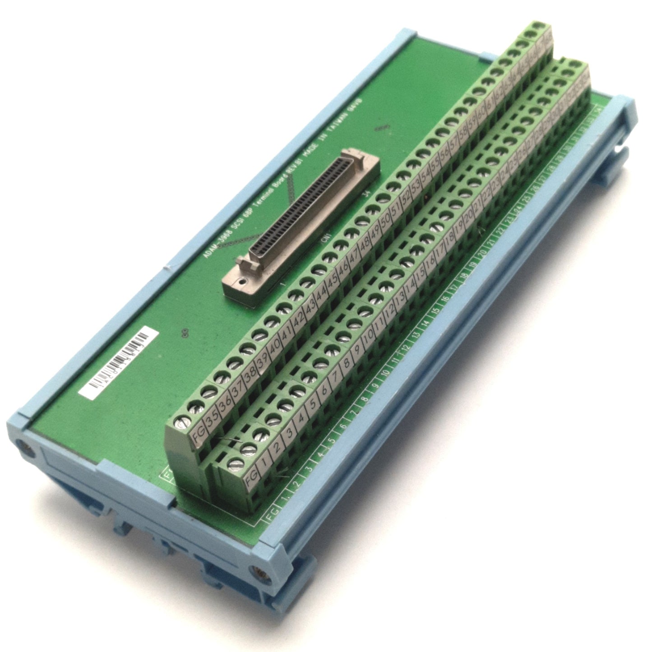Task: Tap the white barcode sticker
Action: tap(118, 363)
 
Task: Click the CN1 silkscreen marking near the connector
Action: tap(326, 238)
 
